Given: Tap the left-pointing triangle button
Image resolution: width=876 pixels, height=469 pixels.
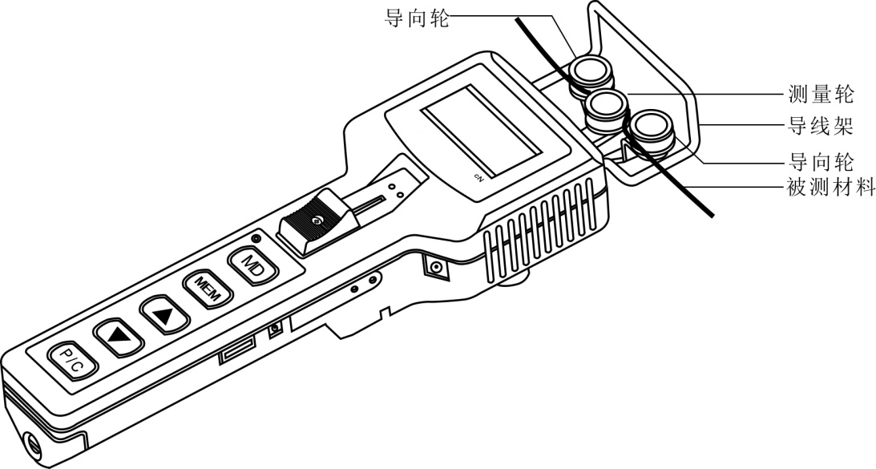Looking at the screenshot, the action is click(x=119, y=337).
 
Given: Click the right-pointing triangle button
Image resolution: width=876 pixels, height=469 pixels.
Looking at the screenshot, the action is click(x=165, y=315).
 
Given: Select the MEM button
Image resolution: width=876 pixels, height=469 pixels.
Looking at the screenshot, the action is click(x=208, y=289).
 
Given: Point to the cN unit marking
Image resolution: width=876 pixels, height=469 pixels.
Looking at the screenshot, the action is click(x=478, y=176).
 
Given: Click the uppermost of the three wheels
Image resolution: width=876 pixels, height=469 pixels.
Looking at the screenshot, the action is click(x=591, y=73).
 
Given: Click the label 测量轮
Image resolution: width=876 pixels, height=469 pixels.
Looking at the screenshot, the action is click(x=821, y=94).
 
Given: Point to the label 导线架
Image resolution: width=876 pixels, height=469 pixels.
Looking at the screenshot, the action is click(x=821, y=127).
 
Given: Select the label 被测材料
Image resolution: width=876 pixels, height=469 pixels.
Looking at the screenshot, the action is click(x=831, y=188).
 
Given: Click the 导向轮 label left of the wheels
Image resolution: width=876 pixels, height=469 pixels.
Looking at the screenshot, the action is click(x=417, y=18).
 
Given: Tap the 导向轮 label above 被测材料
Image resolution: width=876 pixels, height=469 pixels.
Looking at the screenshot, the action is click(x=821, y=162).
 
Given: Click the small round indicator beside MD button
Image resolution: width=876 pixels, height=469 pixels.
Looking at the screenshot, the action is click(x=256, y=239).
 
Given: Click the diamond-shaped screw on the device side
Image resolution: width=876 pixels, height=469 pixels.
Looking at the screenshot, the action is click(x=436, y=267).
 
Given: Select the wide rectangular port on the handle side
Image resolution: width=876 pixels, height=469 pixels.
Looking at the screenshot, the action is click(x=238, y=350).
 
